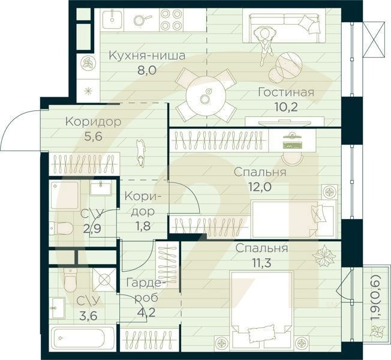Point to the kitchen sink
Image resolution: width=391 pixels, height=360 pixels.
(x=111, y=19)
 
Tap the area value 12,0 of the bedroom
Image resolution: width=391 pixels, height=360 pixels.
(x=260, y=186)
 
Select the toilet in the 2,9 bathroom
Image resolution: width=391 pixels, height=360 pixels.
(x=61, y=228)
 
